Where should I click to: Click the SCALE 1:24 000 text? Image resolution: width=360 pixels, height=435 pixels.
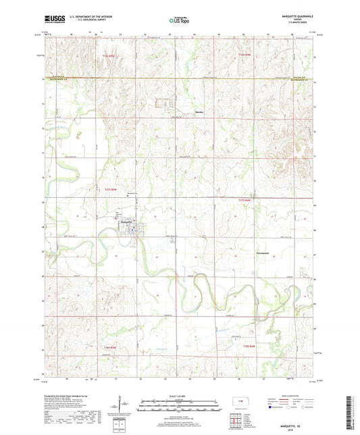tap(180, 396)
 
